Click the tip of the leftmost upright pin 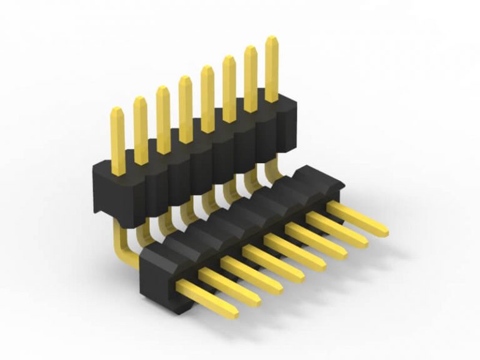[117, 111]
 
